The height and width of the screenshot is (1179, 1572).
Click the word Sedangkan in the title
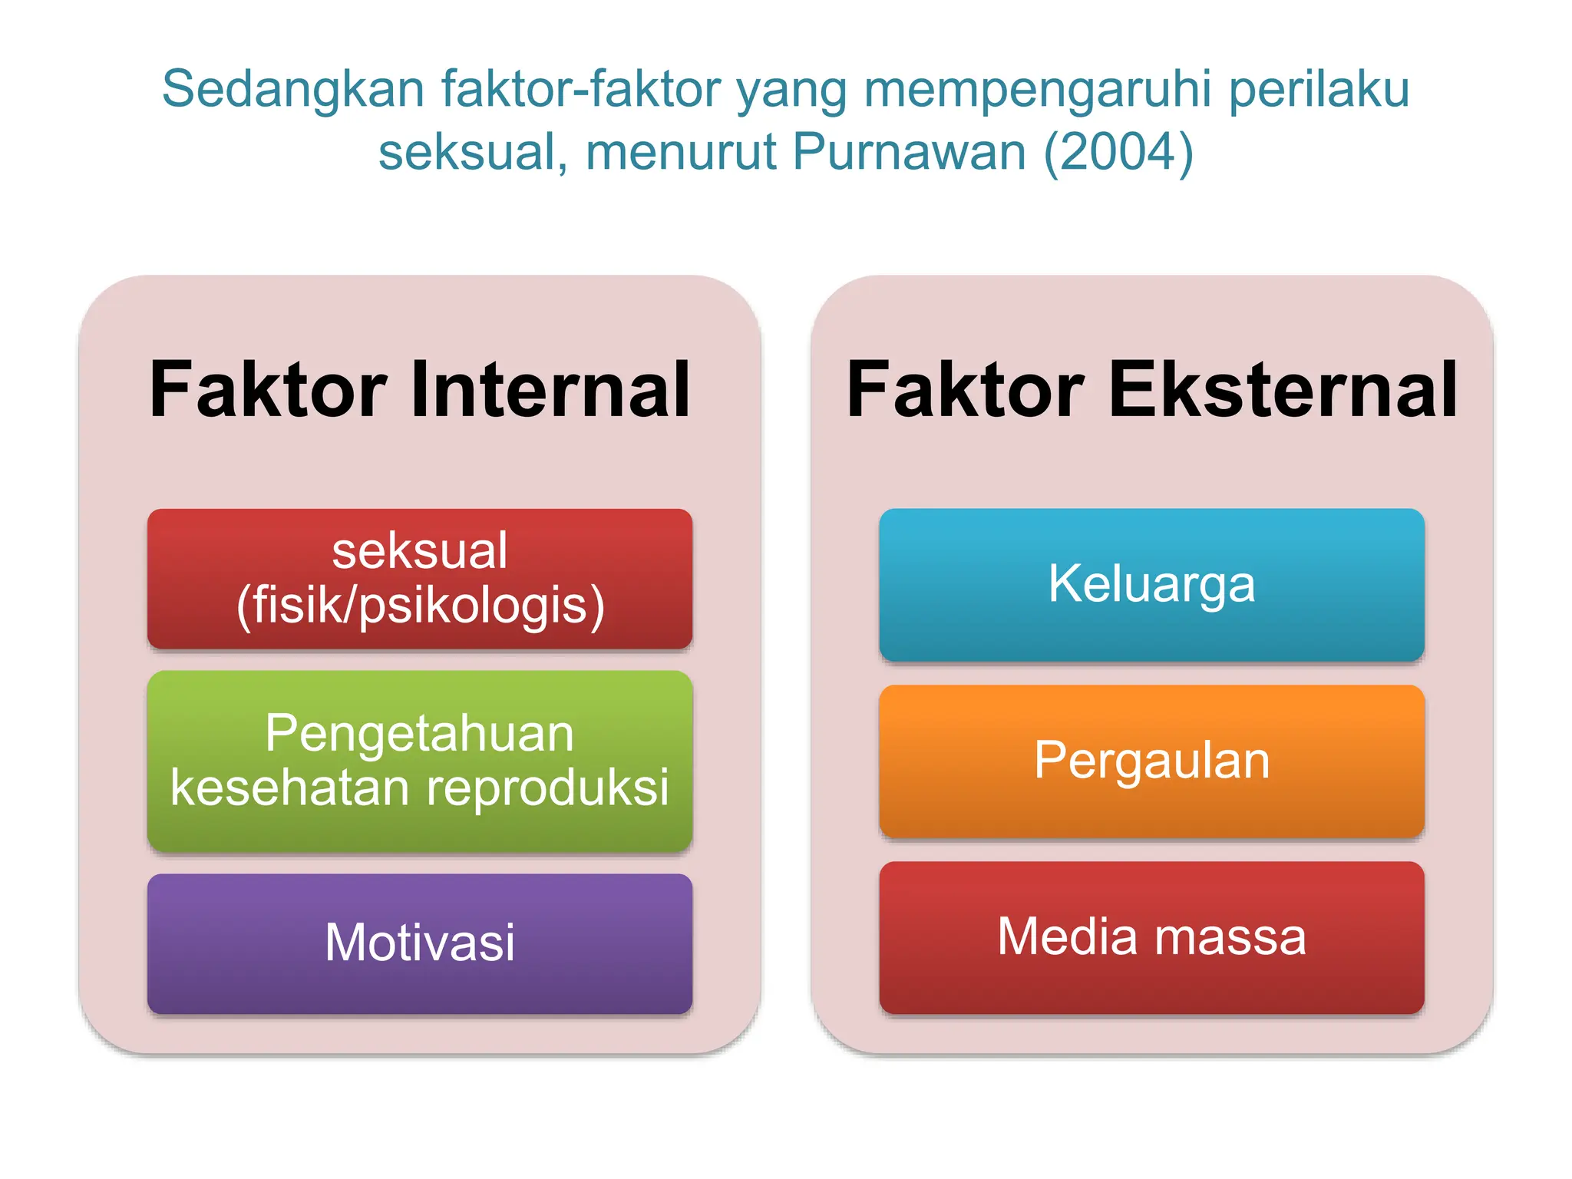pyautogui.click(x=292, y=89)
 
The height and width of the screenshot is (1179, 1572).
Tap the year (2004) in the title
pyautogui.click(x=1118, y=151)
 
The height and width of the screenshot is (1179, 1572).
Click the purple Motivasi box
pyautogui.click(x=420, y=943)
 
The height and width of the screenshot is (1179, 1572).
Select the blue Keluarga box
pyautogui.click(x=1151, y=584)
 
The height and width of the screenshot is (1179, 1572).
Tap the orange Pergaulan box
pyautogui.click(x=1151, y=761)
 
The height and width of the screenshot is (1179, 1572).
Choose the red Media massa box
pyautogui.click(x=1151, y=937)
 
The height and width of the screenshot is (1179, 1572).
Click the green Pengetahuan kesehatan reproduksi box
pyautogui.click(x=420, y=760)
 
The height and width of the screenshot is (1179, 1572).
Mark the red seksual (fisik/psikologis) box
pyautogui.click(x=420, y=578)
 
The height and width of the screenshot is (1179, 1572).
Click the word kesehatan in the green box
pyautogui.click(x=290, y=788)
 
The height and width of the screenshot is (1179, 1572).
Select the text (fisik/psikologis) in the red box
pyautogui.click(x=421, y=606)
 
